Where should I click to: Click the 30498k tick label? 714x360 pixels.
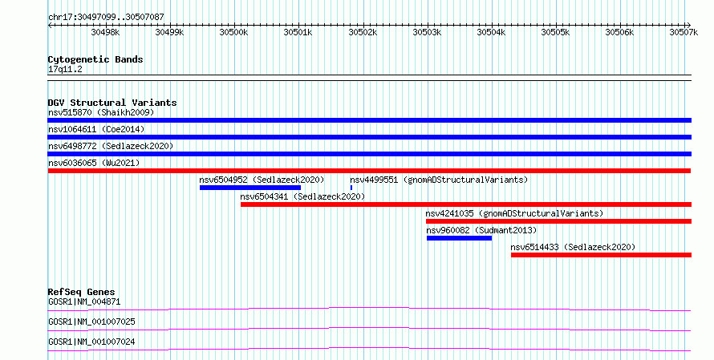click(x=105, y=32)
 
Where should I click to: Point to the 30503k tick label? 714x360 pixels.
click(x=427, y=32)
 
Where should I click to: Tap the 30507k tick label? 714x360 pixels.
click(x=684, y=32)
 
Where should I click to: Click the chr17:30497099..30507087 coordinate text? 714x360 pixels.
click(x=106, y=18)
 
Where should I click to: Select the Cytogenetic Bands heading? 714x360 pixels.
click(x=95, y=59)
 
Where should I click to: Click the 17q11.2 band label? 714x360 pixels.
click(x=65, y=69)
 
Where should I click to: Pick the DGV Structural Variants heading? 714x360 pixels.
click(x=112, y=103)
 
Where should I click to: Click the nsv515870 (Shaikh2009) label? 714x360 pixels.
click(x=101, y=112)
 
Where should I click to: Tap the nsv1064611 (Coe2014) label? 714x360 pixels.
click(x=96, y=129)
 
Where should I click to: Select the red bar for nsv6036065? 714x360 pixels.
click(x=369, y=171)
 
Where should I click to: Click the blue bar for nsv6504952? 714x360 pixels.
click(x=250, y=188)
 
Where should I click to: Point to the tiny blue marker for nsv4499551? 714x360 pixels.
click(x=351, y=188)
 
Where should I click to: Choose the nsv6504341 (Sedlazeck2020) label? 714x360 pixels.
click(x=302, y=196)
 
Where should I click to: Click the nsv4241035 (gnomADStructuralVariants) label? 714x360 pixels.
click(x=514, y=213)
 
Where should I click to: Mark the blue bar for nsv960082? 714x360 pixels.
click(x=459, y=238)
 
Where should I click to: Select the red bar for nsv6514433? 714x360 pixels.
click(x=601, y=255)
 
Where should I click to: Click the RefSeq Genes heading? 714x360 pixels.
click(x=82, y=292)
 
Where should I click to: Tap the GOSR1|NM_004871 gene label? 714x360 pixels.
click(x=84, y=301)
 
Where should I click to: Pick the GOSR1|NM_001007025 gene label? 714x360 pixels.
click(x=91, y=322)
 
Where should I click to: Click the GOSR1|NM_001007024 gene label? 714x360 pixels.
click(x=91, y=342)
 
